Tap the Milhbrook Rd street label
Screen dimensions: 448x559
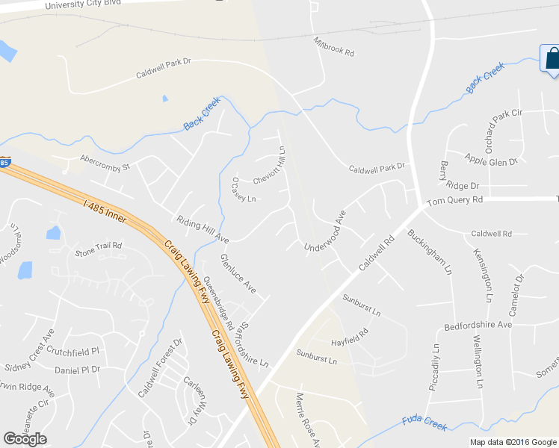333,47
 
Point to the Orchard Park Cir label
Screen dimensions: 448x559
504,130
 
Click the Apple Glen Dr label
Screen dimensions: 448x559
491,160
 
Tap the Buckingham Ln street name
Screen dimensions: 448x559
430,249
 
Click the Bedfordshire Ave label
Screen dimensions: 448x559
478,325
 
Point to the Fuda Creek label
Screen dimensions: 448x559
424,423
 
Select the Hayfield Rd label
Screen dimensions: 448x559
350,338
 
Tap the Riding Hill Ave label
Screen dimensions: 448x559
202,229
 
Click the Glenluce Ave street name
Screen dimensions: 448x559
238,273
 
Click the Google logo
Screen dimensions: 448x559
25,439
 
